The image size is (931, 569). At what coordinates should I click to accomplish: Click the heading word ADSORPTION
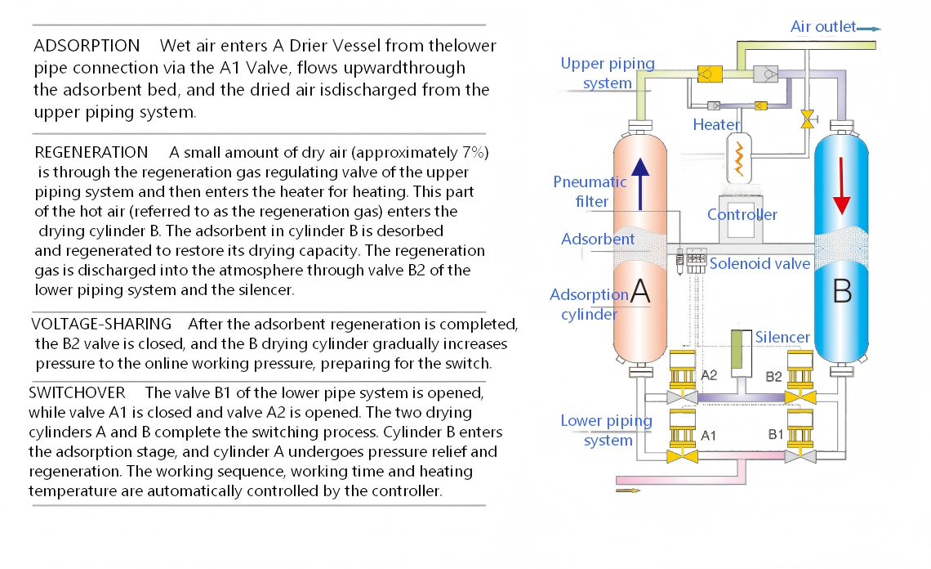[x=87, y=45]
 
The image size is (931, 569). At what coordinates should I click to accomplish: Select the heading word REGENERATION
[x=91, y=153]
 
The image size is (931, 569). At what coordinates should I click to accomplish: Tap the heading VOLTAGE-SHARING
[x=101, y=325]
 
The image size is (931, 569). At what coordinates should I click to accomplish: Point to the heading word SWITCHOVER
[x=78, y=393]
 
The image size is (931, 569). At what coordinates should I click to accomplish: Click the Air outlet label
[x=823, y=27]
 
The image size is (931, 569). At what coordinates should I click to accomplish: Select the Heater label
[x=716, y=125]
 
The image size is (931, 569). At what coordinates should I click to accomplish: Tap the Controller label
[x=742, y=215]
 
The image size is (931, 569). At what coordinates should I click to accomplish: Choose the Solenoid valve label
[x=759, y=263]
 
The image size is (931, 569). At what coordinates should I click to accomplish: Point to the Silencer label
[x=782, y=337]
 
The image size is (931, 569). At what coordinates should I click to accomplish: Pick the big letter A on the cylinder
[x=641, y=291]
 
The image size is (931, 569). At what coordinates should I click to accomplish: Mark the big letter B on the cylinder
[x=842, y=291]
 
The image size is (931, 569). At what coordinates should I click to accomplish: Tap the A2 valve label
[x=709, y=375]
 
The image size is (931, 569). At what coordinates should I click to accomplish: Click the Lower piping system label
[x=607, y=431]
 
